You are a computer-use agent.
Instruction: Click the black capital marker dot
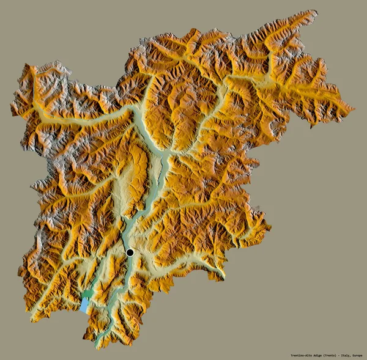click(x=130, y=252)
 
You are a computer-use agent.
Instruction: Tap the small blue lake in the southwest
click(x=84, y=305)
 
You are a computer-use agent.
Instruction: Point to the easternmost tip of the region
click(x=354, y=109)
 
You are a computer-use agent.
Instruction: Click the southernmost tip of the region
click(x=97, y=349)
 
